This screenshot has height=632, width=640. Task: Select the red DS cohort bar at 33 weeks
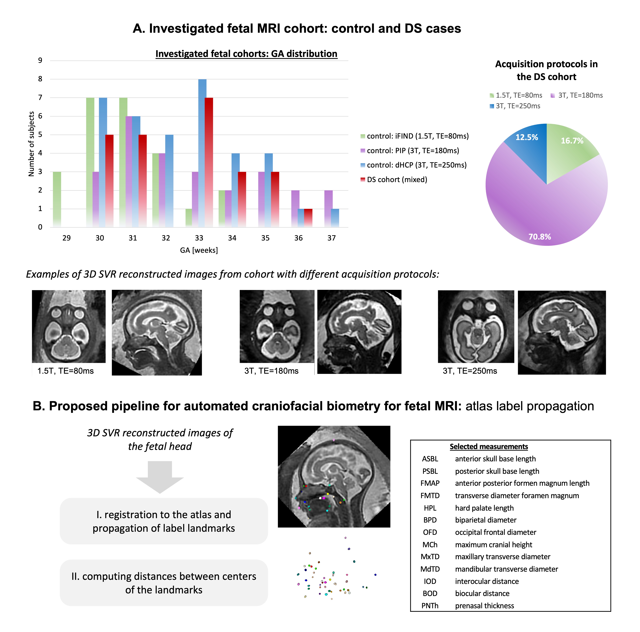[x=209, y=162]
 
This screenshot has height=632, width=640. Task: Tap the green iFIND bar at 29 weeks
[x=57, y=199]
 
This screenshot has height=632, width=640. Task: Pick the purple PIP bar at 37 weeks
[x=328, y=209]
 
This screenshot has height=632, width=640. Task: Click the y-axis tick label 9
[x=40, y=60]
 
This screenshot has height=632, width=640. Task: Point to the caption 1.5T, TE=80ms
[x=66, y=371]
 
